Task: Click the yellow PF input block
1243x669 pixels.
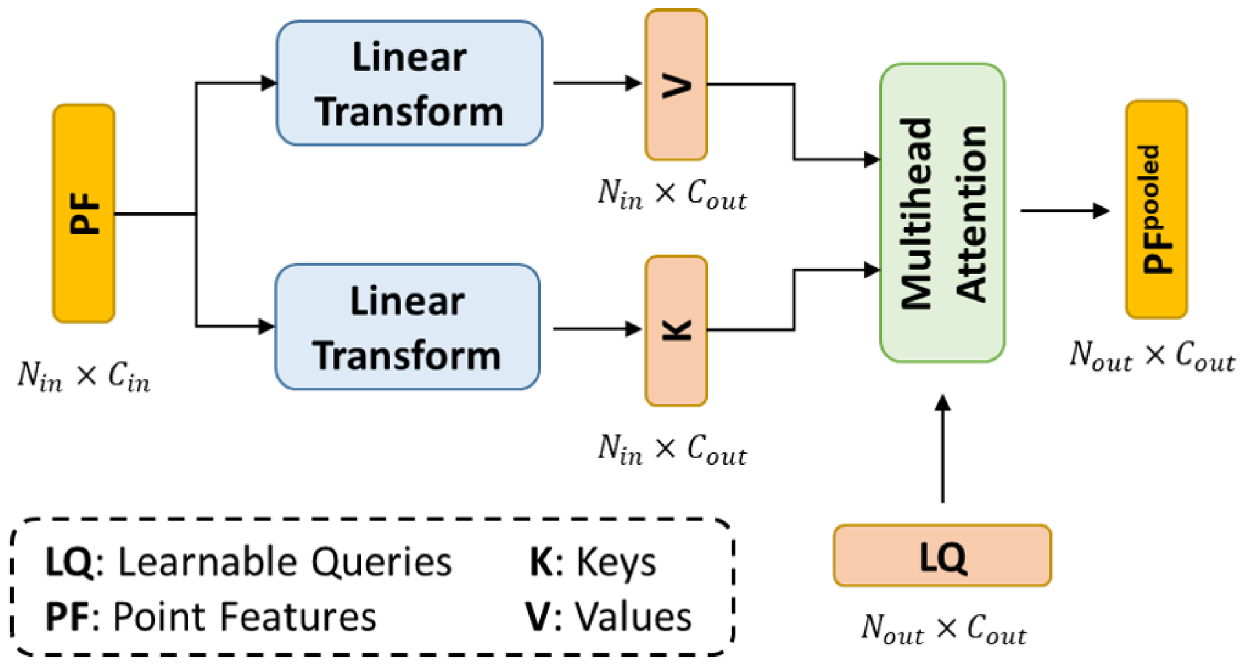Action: click(x=84, y=214)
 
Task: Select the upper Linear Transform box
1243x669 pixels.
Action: click(x=409, y=83)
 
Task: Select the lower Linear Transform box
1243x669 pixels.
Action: click(x=407, y=327)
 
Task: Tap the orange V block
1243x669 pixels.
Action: click(x=676, y=85)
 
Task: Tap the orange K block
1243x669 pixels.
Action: click(x=676, y=331)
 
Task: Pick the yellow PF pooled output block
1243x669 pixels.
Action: click(x=1156, y=209)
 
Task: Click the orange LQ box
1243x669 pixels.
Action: click(x=942, y=556)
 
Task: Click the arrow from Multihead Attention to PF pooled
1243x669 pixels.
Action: click(x=1064, y=210)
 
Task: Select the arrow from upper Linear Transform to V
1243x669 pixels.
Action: click(x=596, y=83)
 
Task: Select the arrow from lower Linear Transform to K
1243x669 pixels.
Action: click(x=596, y=329)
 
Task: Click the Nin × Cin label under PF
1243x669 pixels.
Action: click(x=84, y=376)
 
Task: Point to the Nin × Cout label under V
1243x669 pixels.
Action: click(x=672, y=193)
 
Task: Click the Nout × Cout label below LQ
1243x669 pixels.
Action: click(x=943, y=628)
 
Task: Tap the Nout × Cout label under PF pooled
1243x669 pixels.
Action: click(x=1152, y=355)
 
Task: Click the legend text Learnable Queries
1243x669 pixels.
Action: click(x=285, y=562)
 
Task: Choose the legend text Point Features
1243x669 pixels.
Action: click(x=244, y=616)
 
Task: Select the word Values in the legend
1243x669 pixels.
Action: click(x=633, y=616)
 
